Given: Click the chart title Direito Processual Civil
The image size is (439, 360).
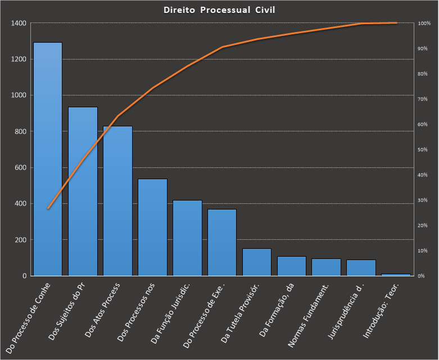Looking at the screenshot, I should pyautogui.click(x=219, y=10).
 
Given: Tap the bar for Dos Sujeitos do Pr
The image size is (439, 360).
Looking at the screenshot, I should pyautogui.click(x=83, y=191).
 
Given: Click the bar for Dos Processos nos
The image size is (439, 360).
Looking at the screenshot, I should pyautogui.click(x=152, y=227).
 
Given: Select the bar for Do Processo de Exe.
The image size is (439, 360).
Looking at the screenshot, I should pyautogui.click(x=222, y=242).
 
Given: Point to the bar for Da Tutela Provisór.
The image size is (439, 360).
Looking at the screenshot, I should pyautogui.click(x=257, y=262).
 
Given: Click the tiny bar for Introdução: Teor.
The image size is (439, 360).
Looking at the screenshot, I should pyautogui.click(x=396, y=275).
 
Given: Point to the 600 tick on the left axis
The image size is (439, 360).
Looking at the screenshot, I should pyautogui.click(x=20, y=167).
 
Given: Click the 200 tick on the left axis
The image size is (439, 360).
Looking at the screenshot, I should pyautogui.click(x=20, y=240).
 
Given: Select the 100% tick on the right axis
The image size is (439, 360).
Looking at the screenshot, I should pyautogui.click(x=424, y=23).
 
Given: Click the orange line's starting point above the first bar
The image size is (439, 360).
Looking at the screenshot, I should pyautogui.click(x=48, y=208).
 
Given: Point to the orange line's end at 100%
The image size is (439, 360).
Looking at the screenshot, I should pyautogui.click(x=396, y=23).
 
